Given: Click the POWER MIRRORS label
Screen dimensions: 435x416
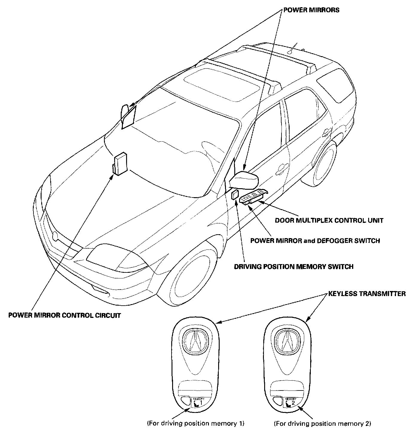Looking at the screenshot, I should pos(311,10).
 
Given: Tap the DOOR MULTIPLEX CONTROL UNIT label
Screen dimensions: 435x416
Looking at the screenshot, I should pos(329,220).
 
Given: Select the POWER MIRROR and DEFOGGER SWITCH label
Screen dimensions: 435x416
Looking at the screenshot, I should pos(315,240).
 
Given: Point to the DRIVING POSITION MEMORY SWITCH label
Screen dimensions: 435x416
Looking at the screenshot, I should pos(293,266).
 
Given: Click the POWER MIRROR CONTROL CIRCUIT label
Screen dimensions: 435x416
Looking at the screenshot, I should pos(65,315).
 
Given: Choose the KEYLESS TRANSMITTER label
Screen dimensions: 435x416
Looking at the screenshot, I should pos(367,293).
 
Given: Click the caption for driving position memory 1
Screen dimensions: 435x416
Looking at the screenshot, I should pos(196,423).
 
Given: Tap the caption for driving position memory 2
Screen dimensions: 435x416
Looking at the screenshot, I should pos(322,423).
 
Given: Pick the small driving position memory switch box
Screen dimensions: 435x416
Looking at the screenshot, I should pos(235,194).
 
